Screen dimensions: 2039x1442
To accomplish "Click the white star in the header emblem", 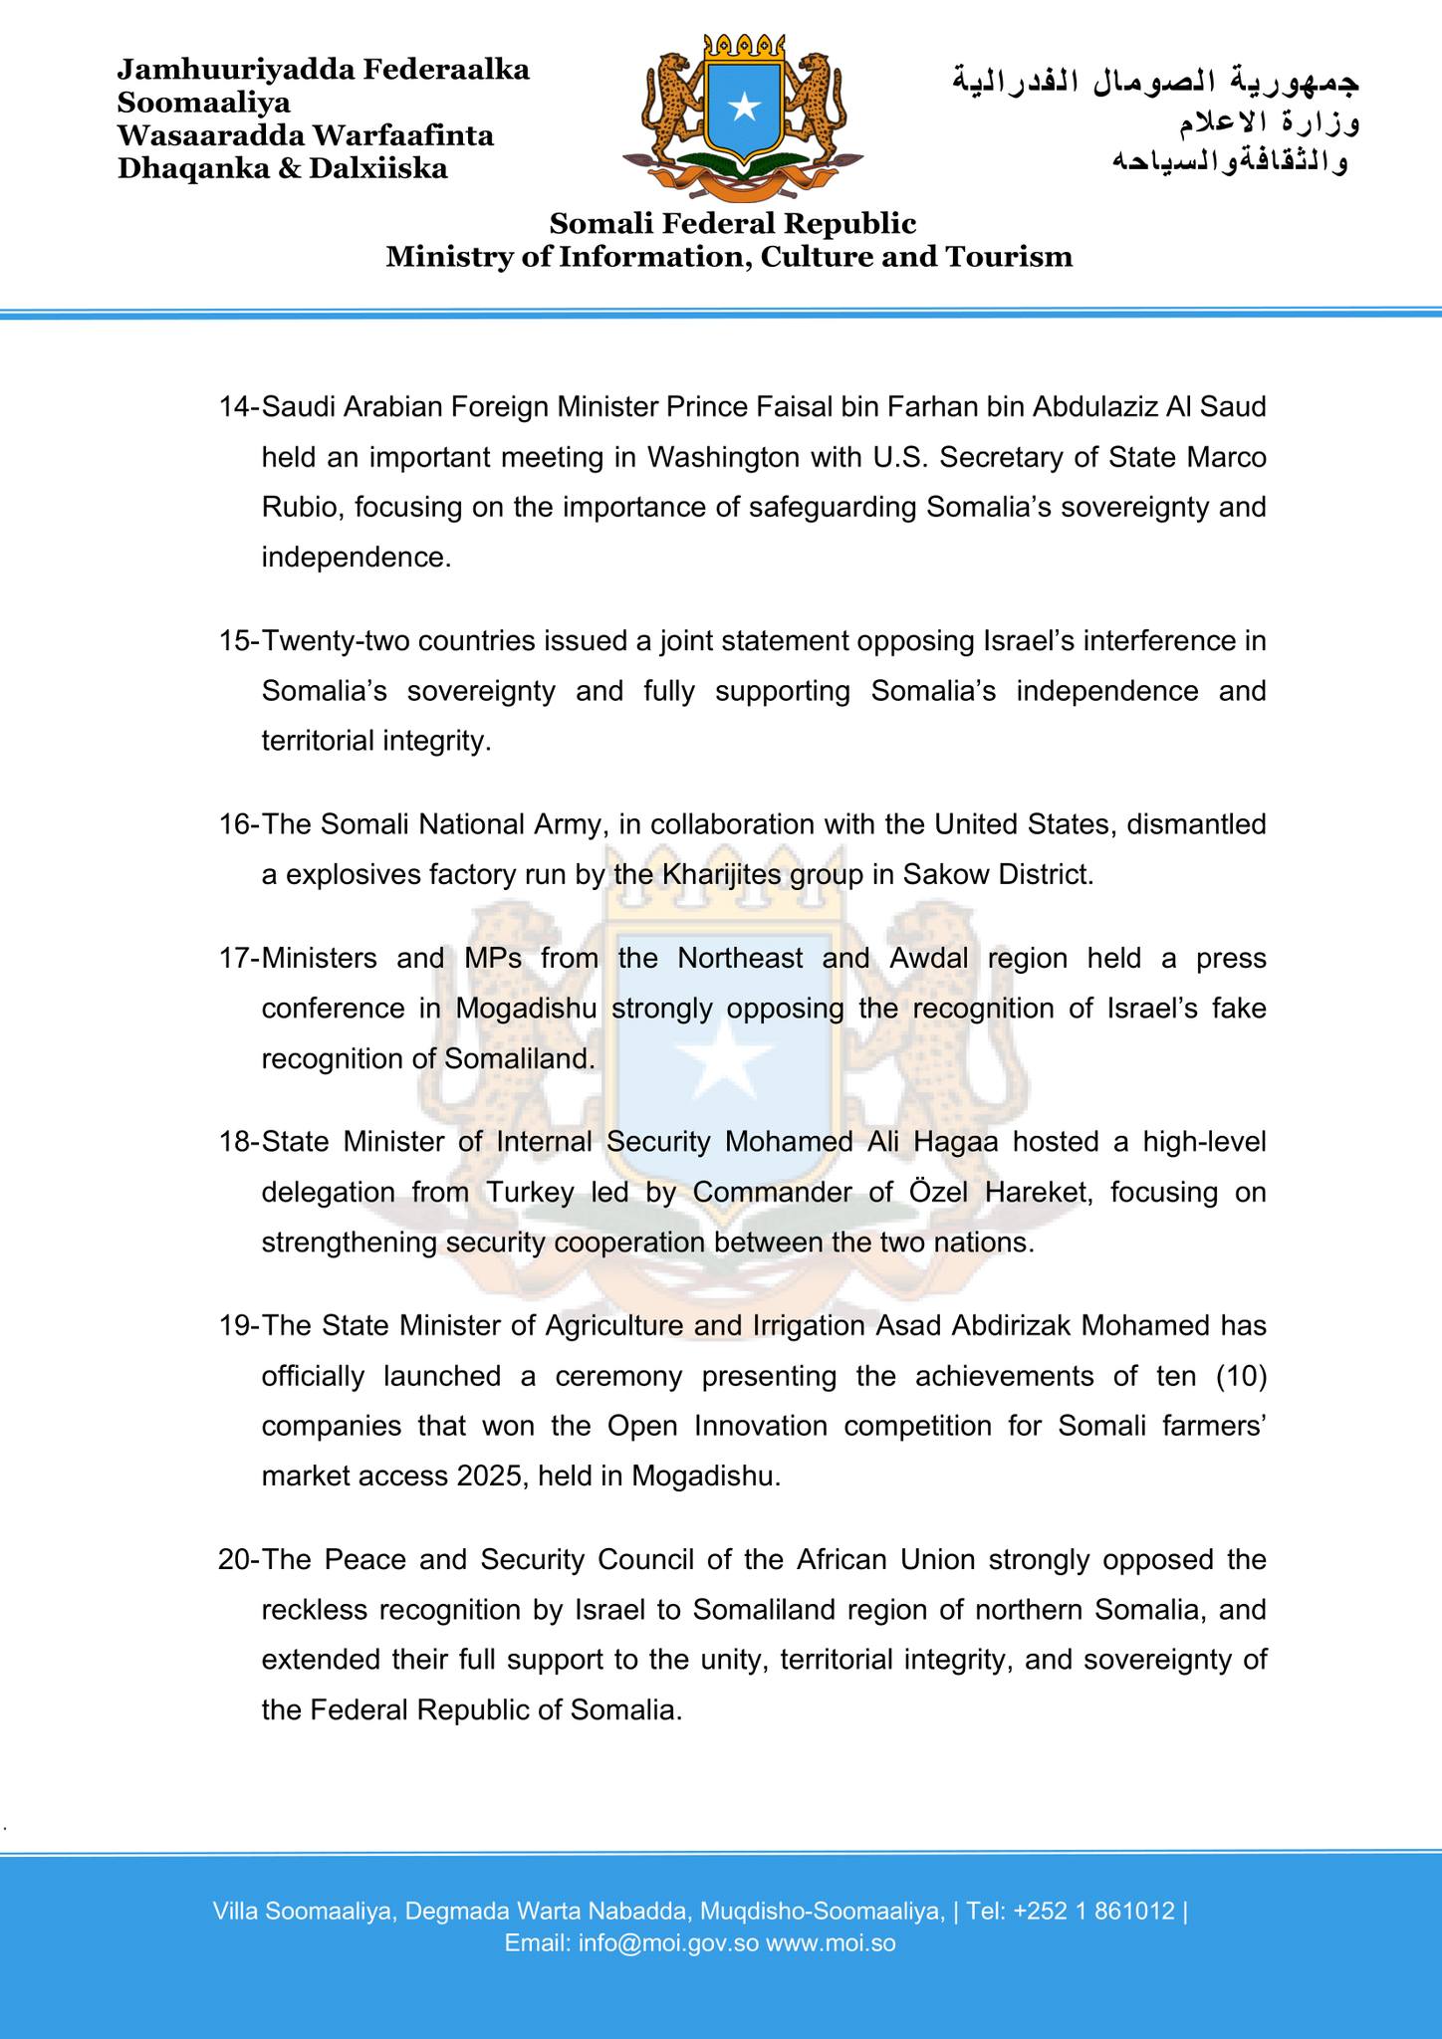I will (x=743, y=107).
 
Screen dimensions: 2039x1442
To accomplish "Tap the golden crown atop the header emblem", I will (x=743, y=46).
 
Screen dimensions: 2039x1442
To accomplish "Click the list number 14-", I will (x=239, y=407).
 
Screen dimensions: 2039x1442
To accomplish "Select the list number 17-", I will (x=239, y=959).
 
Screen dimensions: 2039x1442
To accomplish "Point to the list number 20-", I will (x=239, y=1560).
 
